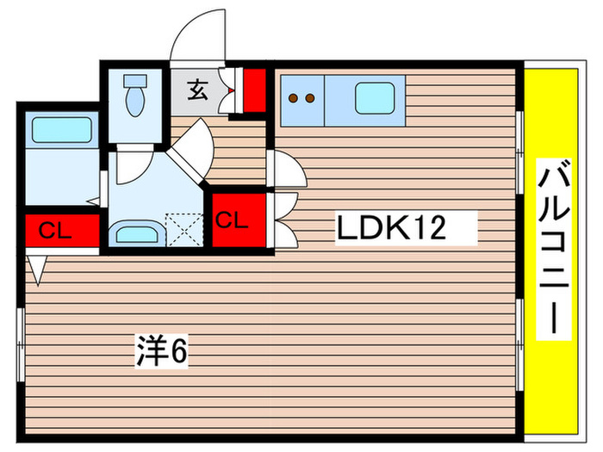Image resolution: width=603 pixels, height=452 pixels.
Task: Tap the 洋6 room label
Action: [161, 350]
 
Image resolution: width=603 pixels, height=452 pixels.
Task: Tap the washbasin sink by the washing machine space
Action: [135, 232]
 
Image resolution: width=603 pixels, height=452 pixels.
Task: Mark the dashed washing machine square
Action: [183, 230]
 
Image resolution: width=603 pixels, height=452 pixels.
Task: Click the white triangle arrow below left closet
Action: [36, 269]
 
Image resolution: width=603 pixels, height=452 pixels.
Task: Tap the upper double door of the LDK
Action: [282, 169]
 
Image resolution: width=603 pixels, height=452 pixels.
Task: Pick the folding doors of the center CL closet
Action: [283, 220]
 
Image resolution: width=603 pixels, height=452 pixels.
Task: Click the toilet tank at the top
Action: [136, 83]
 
